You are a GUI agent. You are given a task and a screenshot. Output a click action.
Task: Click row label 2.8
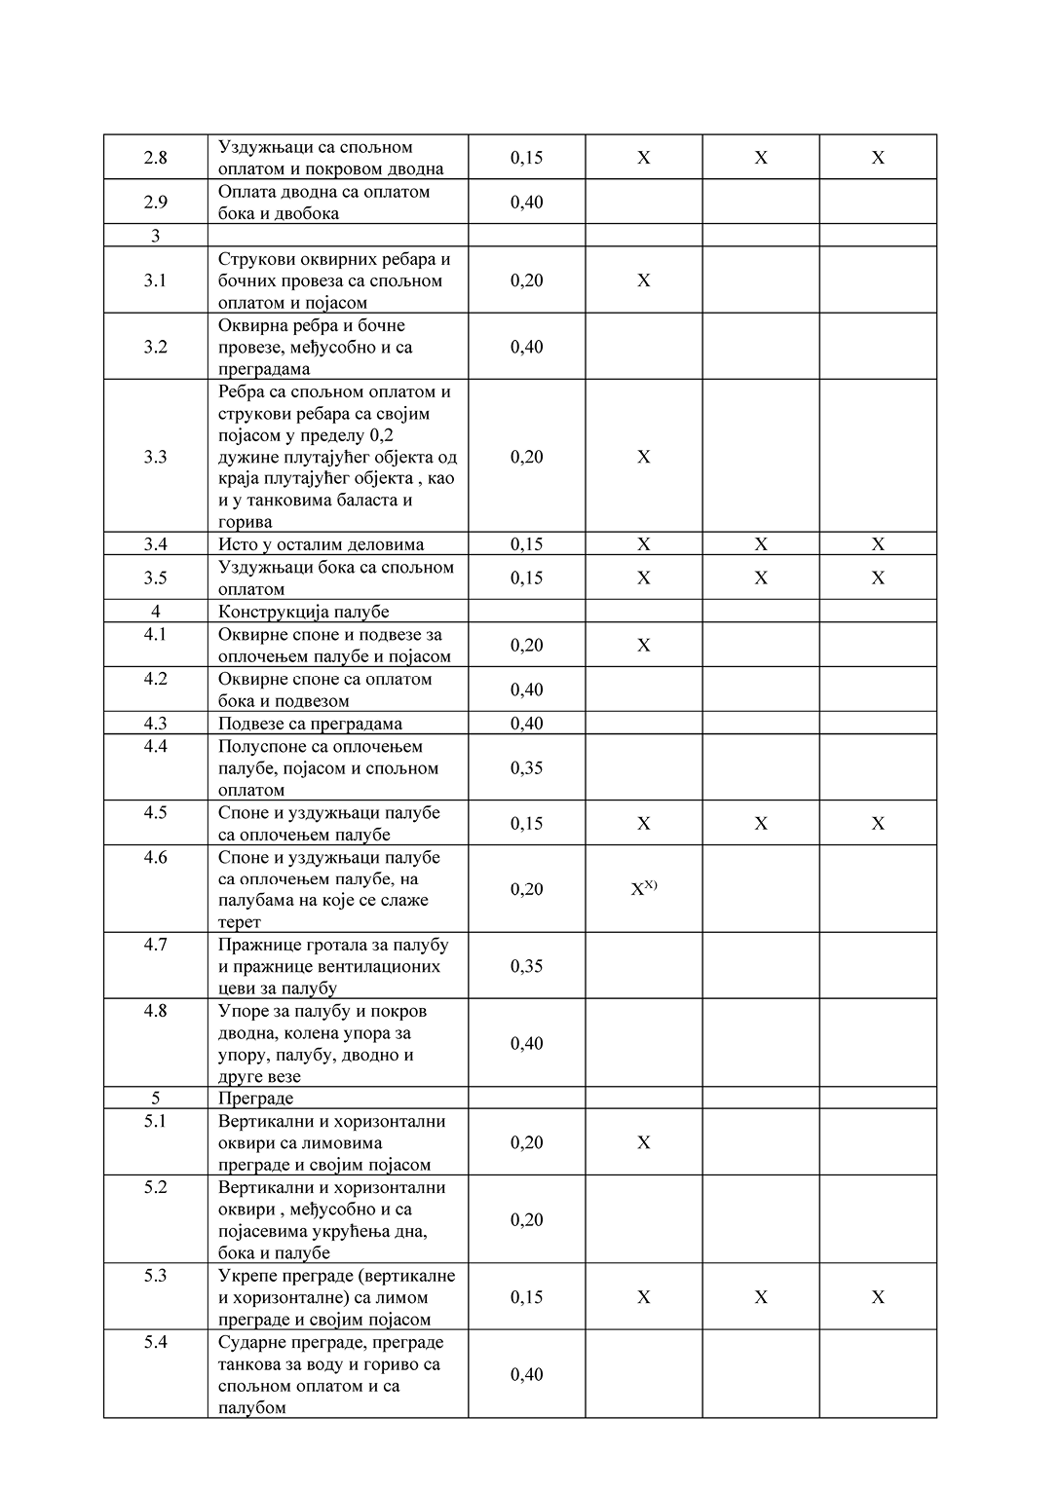[156, 158]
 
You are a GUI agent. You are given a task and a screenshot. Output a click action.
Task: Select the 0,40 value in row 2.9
[526, 203]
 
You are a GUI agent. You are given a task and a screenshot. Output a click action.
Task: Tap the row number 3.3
[156, 457]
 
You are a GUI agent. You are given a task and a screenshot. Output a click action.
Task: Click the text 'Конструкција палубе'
[303, 612]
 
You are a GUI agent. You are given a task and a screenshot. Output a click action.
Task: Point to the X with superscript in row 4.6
[643, 888]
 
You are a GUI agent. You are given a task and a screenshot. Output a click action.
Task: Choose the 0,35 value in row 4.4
[526, 768]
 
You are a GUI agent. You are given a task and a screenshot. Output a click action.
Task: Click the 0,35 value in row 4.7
[526, 966]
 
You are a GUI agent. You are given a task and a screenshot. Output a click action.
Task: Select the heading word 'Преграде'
[255, 1099]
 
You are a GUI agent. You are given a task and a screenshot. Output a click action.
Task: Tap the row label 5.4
[156, 1342]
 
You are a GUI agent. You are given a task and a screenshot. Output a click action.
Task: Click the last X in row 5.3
[877, 1297]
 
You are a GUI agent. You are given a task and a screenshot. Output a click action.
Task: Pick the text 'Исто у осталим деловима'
[321, 544]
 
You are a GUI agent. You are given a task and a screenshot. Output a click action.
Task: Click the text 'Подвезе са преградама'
[310, 724]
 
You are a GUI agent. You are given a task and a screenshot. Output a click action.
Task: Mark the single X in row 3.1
[643, 280]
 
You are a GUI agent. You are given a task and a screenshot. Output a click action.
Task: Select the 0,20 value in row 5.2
[526, 1220]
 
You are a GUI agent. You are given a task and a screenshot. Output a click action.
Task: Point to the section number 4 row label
[156, 612]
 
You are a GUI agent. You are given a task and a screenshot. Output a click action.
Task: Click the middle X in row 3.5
[760, 578]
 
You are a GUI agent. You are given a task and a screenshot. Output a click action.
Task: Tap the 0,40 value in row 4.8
[526, 1044]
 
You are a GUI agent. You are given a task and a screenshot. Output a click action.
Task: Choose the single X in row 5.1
[643, 1142]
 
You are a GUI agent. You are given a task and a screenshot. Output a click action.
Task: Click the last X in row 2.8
[877, 158]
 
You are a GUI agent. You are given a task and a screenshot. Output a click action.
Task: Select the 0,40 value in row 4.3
[526, 724]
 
